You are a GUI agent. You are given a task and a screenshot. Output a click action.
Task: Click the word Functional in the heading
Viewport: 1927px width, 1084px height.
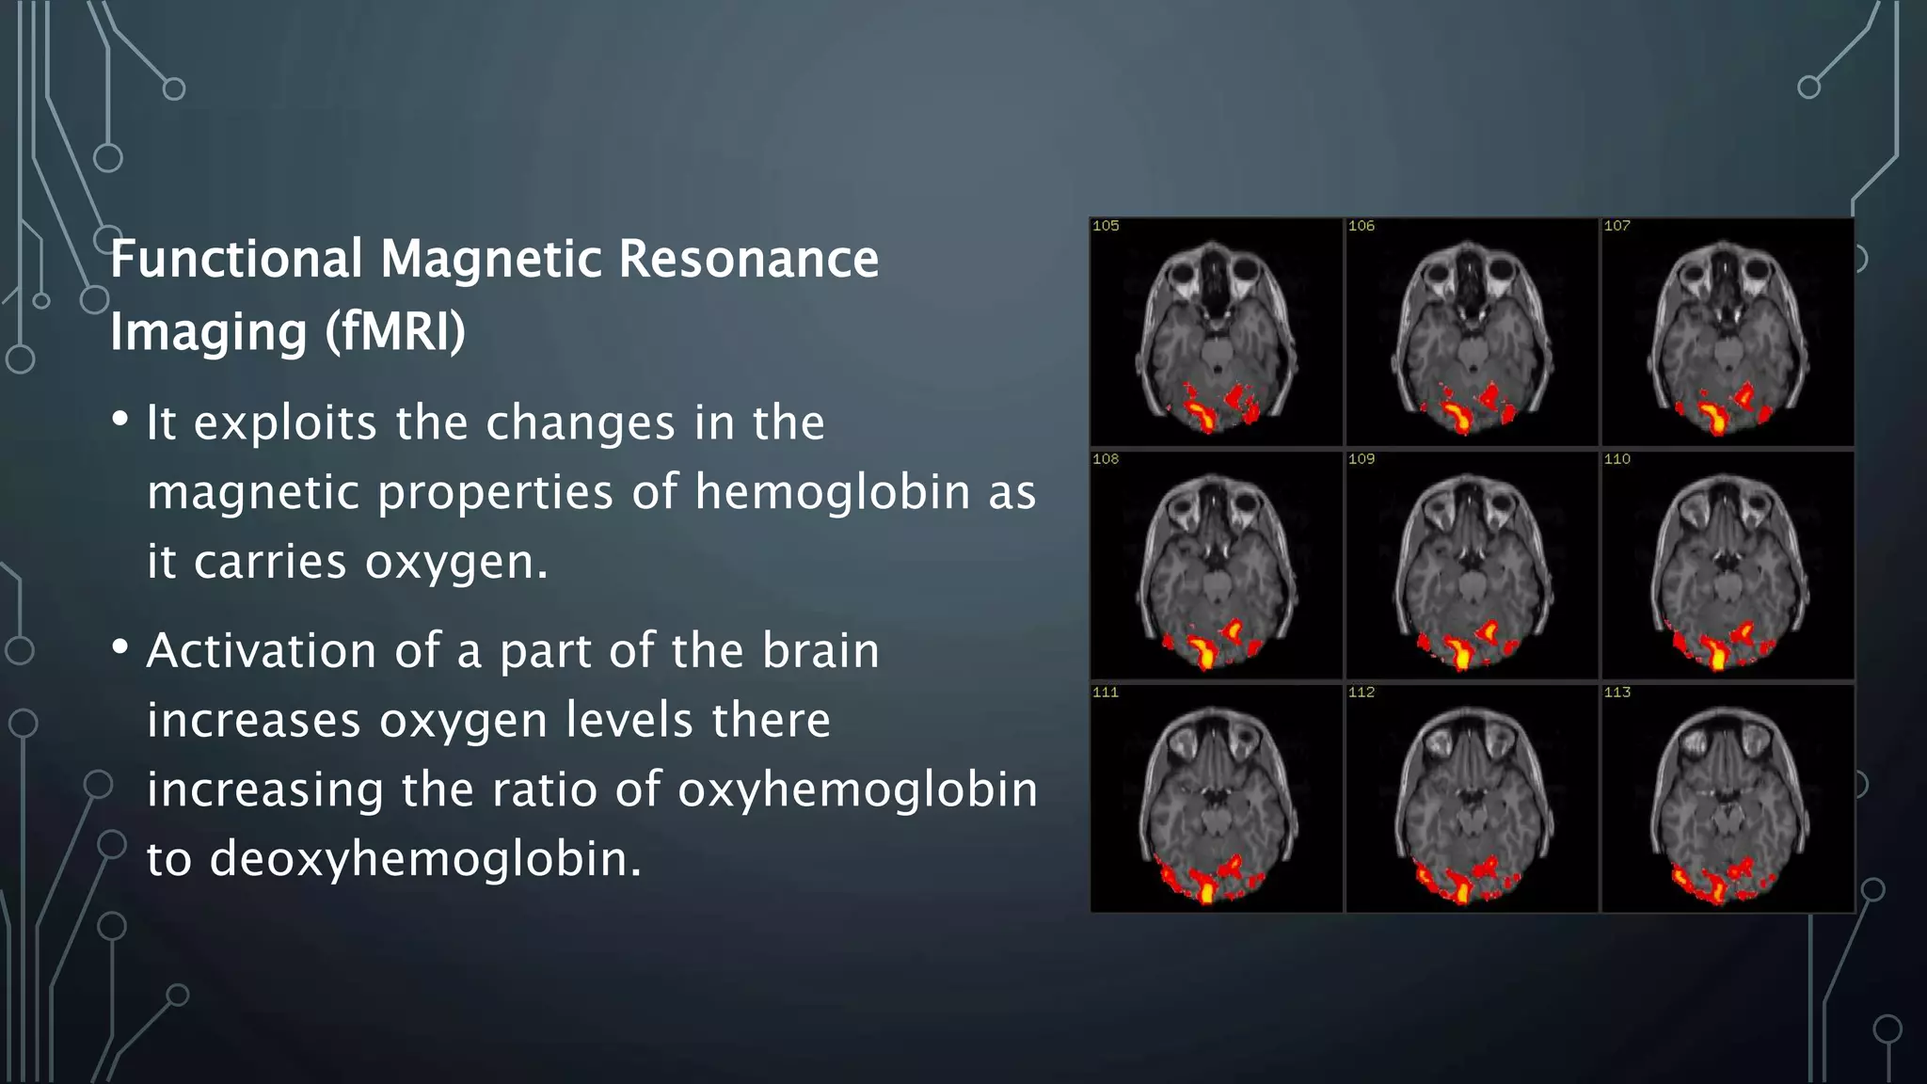point(236,259)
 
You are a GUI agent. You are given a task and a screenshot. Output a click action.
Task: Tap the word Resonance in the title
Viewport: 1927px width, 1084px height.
point(748,259)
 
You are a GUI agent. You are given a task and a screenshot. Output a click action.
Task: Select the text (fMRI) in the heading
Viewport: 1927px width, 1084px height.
point(395,331)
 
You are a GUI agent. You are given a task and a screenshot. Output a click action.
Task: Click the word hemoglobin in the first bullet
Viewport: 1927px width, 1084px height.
point(833,492)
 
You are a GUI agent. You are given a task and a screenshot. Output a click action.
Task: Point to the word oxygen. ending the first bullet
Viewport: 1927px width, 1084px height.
point(456,563)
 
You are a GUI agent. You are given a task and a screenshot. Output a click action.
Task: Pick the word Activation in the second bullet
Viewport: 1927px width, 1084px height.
point(262,650)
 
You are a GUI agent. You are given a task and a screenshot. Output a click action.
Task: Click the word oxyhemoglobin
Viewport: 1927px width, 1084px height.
point(857,789)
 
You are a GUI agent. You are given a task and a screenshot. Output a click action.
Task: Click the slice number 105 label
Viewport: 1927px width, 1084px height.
point(1106,226)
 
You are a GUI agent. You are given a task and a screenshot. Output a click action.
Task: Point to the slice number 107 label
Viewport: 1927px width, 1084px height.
point(1616,226)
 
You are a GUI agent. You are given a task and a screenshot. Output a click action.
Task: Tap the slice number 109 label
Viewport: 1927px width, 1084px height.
point(1361,459)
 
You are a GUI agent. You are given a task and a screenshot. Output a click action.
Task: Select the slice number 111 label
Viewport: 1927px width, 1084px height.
point(1106,693)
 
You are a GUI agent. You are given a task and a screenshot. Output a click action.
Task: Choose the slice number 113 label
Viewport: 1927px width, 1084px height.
point(1616,693)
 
